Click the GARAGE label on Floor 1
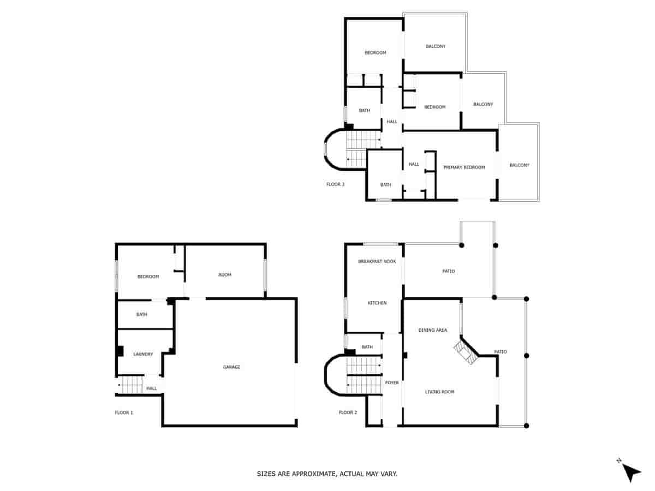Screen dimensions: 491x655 231,367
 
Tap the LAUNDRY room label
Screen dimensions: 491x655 143,354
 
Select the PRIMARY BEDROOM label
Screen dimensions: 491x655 464,167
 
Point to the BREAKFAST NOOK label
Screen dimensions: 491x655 377,261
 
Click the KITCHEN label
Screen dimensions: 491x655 377,303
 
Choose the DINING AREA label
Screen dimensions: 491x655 433,330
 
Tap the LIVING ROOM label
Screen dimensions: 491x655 440,392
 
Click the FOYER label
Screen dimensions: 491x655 392,382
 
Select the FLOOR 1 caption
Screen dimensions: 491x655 124,412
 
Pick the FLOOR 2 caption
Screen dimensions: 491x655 348,412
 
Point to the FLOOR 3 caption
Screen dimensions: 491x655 335,184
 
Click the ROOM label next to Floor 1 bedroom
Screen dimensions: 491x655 225,274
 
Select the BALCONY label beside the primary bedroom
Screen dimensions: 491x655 520,165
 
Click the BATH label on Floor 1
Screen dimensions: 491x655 142,314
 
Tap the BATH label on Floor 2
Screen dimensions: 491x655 367,347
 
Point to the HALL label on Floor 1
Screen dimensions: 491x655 152,388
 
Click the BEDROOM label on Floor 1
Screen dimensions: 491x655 148,277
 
